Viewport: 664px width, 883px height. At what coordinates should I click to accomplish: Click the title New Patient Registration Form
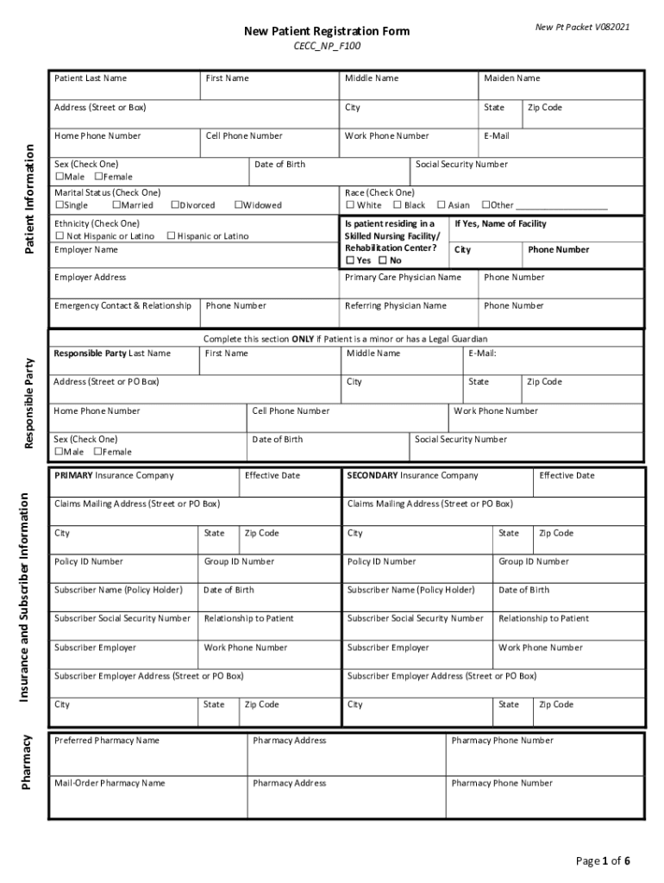tap(326, 32)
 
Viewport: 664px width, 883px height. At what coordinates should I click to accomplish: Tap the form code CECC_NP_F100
tap(326, 46)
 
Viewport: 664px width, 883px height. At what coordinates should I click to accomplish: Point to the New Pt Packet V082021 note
tap(582, 28)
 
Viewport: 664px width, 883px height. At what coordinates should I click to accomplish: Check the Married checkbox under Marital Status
tap(116, 206)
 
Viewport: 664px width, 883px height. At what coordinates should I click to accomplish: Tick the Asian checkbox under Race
tap(441, 206)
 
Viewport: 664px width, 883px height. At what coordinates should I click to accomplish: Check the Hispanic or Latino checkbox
tap(171, 236)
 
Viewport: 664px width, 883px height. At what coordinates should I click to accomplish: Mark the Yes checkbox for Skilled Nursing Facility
tap(350, 260)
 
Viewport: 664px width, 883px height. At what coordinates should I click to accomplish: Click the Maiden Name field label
tap(511, 78)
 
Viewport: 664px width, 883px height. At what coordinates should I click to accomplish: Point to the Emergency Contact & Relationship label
tap(122, 306)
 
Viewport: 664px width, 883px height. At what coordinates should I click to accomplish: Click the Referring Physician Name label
tap(395, 306)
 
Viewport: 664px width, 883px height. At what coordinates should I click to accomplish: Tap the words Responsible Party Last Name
tap(112, 354)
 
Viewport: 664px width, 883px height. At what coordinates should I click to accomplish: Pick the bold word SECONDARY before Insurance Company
tap(372, 476)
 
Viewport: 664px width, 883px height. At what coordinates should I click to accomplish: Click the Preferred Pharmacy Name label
tap(106, 741)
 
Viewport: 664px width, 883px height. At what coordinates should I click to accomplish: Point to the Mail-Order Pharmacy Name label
tap(110, 784)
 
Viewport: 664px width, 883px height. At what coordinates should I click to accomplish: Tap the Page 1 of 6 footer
tap(603, 861)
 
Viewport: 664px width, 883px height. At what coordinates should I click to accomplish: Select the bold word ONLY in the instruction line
tap(301, 339)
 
